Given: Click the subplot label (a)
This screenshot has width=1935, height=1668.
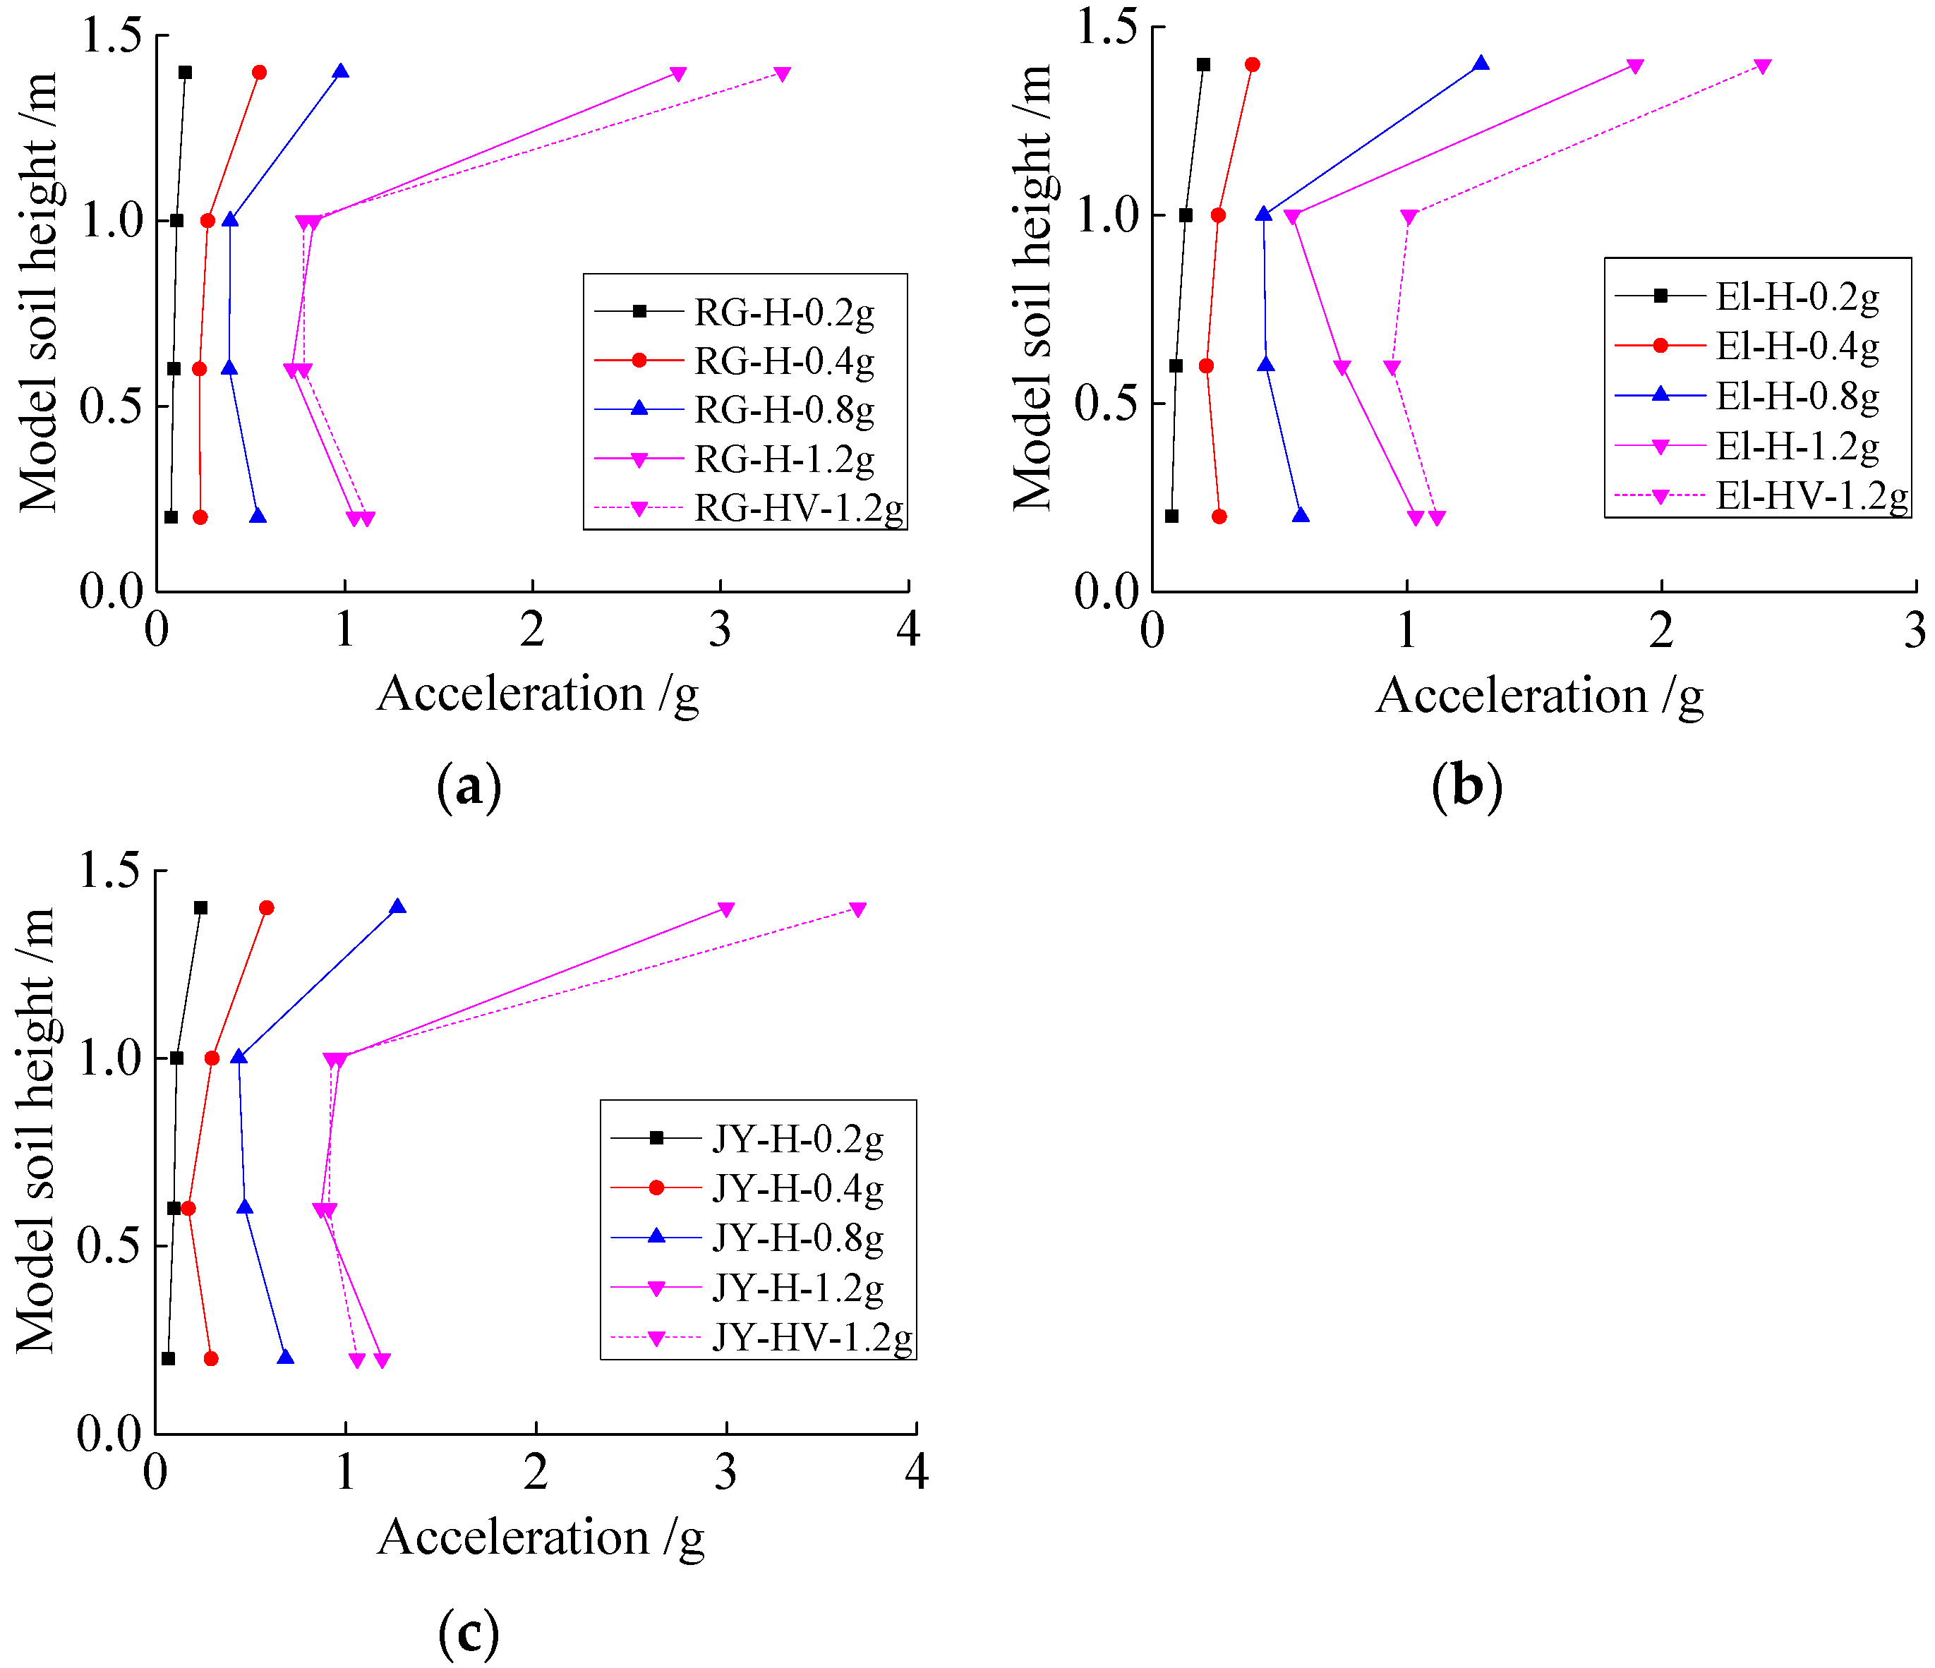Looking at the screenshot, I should [x=469, y=786].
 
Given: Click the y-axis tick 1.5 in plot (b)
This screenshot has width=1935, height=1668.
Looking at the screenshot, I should [x=1108, y=26].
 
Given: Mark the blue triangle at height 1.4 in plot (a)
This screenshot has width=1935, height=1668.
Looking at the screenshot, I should [x=341, y=72].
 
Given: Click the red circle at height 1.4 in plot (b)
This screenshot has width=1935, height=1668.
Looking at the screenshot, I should [x=1253, y=64].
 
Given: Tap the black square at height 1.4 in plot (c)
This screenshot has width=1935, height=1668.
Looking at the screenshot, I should [x=201, y=908].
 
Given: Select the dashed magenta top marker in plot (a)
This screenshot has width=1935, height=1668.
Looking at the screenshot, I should [x=783, y=74].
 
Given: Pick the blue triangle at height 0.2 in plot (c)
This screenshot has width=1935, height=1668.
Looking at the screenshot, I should [x=286, y=1357].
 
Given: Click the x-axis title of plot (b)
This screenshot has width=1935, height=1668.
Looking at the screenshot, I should [x=1539, y=696].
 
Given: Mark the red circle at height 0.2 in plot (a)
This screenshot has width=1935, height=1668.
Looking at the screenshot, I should [x=200, y=517].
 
